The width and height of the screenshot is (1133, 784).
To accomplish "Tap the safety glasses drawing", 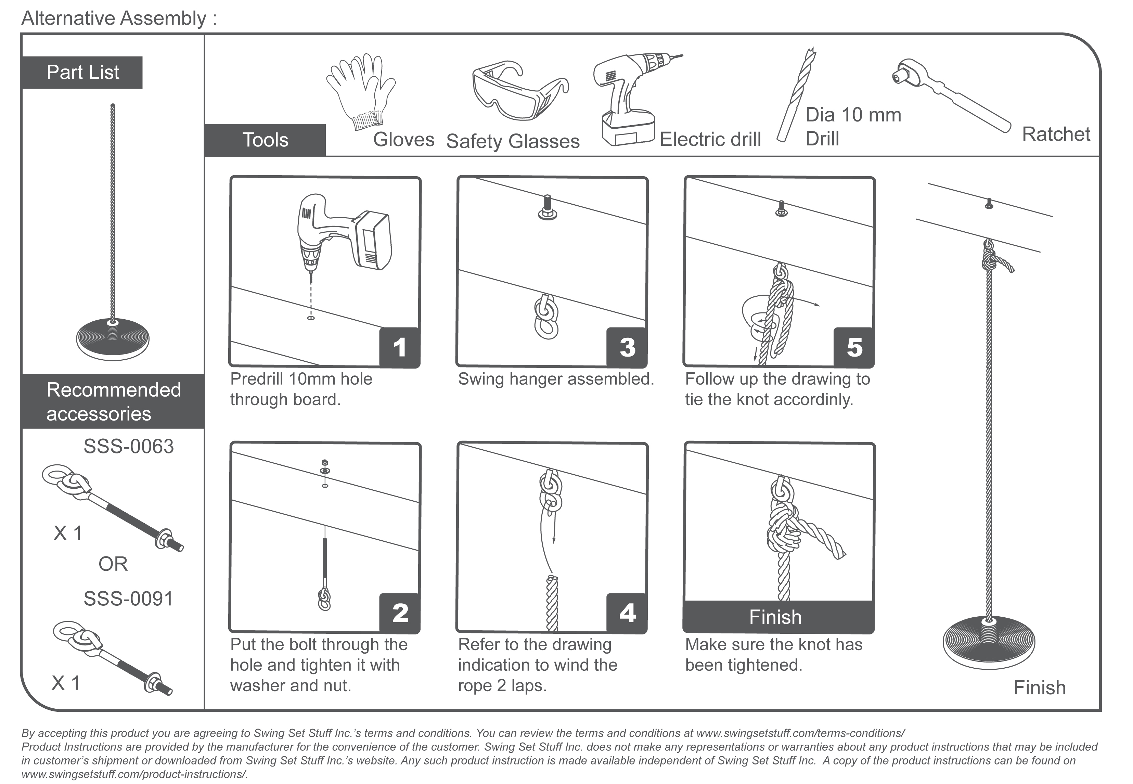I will click(x=518, y=91).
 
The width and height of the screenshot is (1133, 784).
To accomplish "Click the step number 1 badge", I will click(x=399, y=347).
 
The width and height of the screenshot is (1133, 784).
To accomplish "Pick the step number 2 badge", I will click(x=399, y=613).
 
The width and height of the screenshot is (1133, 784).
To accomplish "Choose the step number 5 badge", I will click(x=854, y=347).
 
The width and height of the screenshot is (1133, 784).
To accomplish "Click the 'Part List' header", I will click(x=82, y=73).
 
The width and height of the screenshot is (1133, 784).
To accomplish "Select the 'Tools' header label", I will click(x=265, y=140).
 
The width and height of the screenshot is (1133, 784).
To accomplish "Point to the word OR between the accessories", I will click(x=113, y=564).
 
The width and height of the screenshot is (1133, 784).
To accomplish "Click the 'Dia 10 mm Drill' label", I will click(x=853, y=127).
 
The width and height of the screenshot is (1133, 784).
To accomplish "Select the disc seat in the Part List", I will click(x=113, y=338).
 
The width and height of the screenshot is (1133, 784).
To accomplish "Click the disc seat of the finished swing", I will click(x=989, y=643).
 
